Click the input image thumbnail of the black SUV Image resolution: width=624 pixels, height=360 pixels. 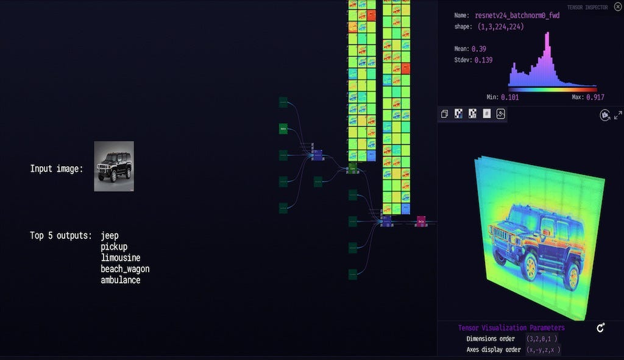tap(114, 166)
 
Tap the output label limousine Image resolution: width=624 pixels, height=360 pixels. tap(121, 258)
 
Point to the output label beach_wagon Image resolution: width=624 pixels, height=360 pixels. tap(125, 269)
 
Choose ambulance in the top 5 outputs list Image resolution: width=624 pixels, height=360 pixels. tap(121, 280)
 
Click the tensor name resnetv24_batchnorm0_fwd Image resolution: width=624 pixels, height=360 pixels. tap(517, 15)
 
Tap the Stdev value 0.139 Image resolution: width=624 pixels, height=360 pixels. tap(482, 60)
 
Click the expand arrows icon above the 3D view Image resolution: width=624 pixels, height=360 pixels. tap(617, 115)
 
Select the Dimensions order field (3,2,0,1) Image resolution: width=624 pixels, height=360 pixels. tap(542, 339)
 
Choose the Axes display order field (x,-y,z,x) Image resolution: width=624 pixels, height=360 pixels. tap(543, 350)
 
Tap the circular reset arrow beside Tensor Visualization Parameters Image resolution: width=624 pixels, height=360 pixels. tap(600, 328)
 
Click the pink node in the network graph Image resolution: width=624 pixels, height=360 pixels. tap(421, 221)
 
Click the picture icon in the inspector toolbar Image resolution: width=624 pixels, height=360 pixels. tap(502, 114)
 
